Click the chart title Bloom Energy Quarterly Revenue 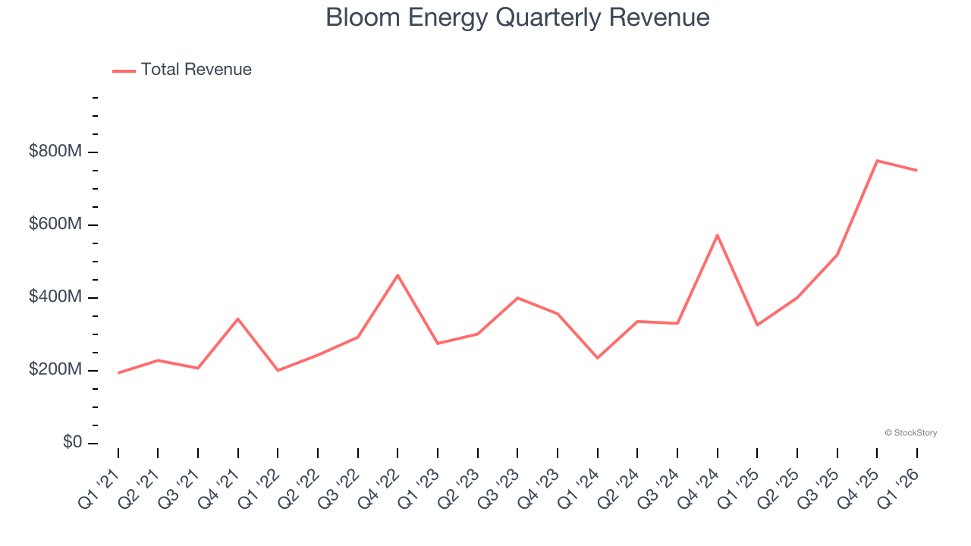(x=517, y=17)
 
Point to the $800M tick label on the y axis (x=55, y=152)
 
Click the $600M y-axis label (x=55, y=224)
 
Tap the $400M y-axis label (x=55, y=297)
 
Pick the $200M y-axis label (x=55, y=370)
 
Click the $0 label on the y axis (x=71, y=443)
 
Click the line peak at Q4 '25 (x=877, y=161)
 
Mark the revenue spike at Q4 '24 (x=717, y=235)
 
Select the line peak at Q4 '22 (x=398, y=275)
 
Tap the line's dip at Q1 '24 (x=597, y=358)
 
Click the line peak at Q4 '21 (x=238, y=318)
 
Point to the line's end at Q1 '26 (x=916, y=171)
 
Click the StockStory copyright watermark (x=910, y=433)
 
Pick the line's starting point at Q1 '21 (x=118, y=373)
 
